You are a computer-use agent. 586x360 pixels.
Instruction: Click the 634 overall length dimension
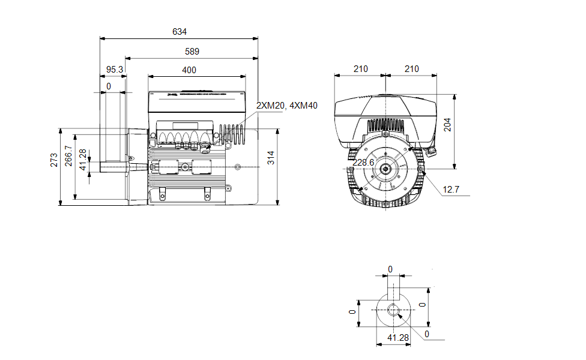(x=180, y=32)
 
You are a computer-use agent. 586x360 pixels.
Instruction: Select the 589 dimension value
(x=192, y=52)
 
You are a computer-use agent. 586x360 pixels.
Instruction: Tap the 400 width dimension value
(x=189, y=70)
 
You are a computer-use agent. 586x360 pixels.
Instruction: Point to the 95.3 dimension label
(x=114, y=70)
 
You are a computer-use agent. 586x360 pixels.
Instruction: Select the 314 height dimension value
(x=271, y=158)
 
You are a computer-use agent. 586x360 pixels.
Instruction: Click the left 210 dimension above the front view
(x=360, y=70)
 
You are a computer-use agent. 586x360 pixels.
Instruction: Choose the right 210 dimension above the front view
(x=411, y=70)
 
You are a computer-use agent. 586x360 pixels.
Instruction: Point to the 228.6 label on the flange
(x=363, y=163)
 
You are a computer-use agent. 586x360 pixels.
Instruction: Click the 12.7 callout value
(x=451, y=190)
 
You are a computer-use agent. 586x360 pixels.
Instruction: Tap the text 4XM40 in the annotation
(x=303, y=106)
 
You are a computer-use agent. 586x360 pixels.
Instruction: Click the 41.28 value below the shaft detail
(x=397, y=338)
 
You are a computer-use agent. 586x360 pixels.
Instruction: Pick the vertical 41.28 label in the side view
(x=83, y=160)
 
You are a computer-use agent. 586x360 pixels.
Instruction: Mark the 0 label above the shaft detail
(x=390, y=269)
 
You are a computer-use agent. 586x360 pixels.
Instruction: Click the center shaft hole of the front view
(x=384, y=170)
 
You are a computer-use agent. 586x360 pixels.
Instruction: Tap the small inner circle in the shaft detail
(x=393, y=310)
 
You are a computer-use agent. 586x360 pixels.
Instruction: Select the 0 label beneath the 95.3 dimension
(x=109, y=87)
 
